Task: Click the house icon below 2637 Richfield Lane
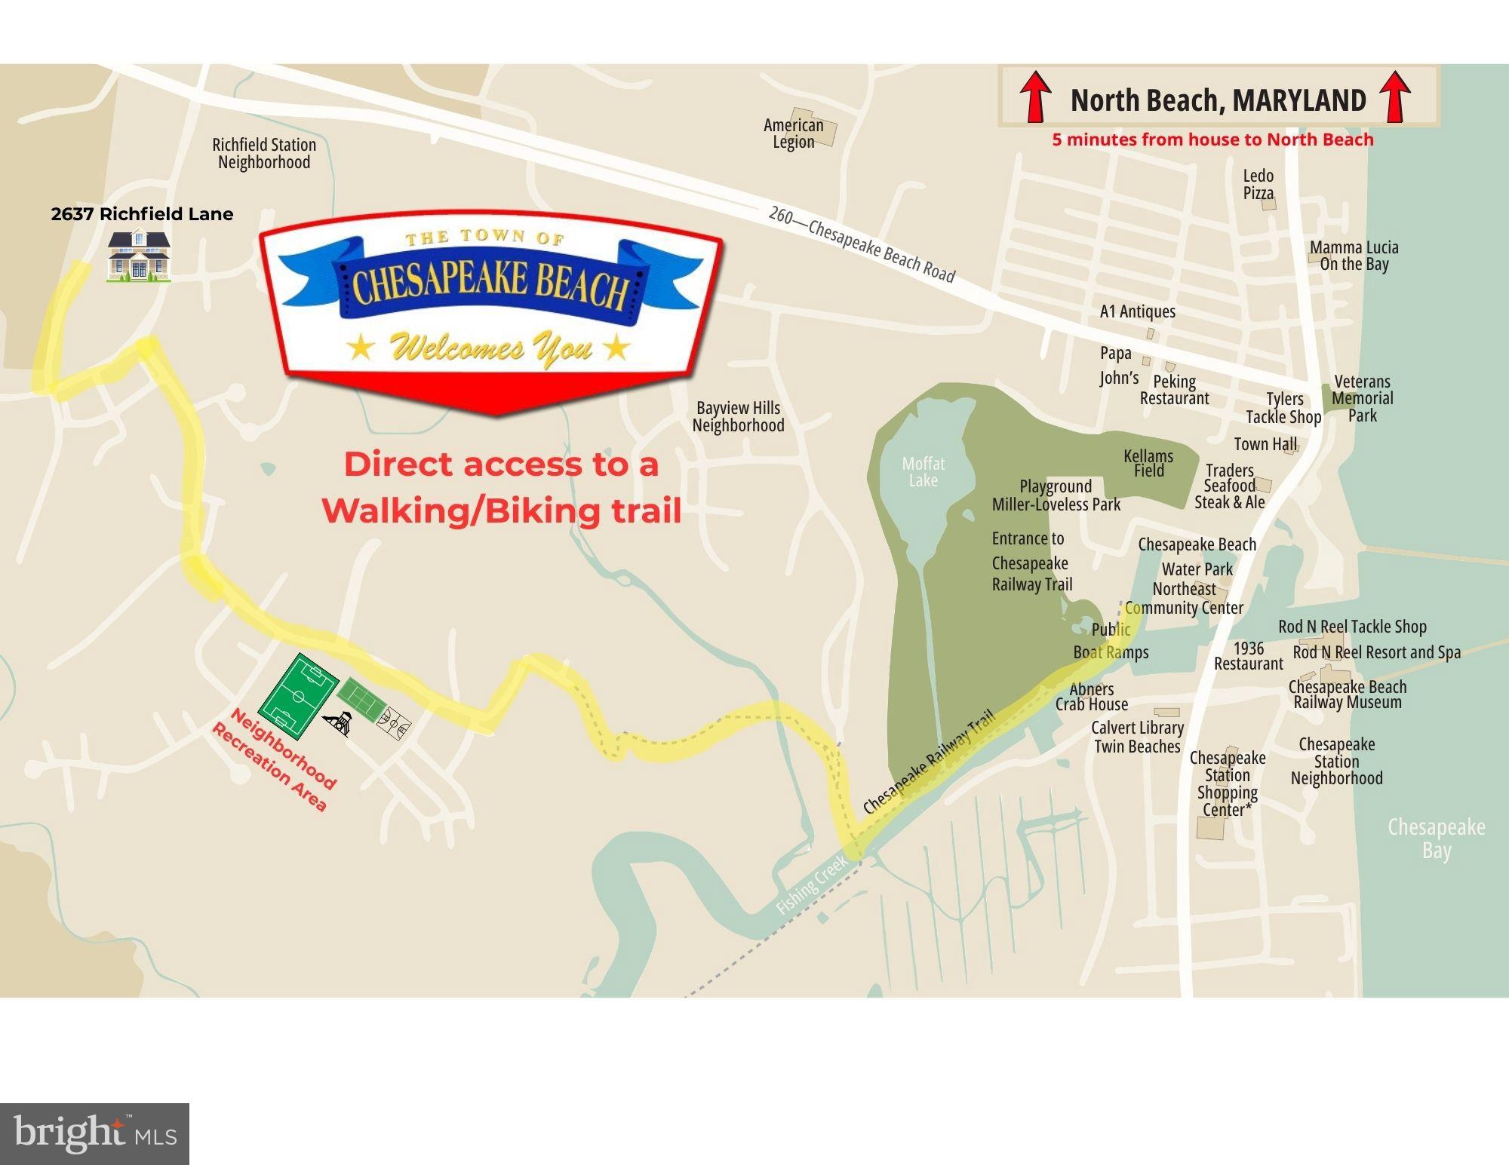pyautogui.click(x=139, y=256)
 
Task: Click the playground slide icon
pyautogui.click(x=339, y=723)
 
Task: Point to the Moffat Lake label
pyautogui.click(x=923, y=472)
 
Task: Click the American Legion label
pyautogui.click(x=794, y=133)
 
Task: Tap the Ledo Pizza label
pyautogui.click(x=1259, y=184)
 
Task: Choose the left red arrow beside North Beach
pyautogui.click(x=1036, y=97)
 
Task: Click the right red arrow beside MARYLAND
pyautogui.click(x=1395, y=97)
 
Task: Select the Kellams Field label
pyautogui.click(x=1148, y=463)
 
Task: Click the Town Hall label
pyautogui.click(x=1265, y=444)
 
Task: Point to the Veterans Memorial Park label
pyautogui.click(x=1362, y=398)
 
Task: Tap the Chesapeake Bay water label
pyautogui.click(x=1437, y=838)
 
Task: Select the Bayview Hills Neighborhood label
pyautogui.click(x=738, y=416)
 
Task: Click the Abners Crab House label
pyautogui.click(x=1092, y=697)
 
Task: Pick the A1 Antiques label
pyautogui.click(x=1137, y=311)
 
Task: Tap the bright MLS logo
pyautogui.click(x=94, y=1133)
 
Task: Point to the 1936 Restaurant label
pyautogui.click(x=1248, y=656)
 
